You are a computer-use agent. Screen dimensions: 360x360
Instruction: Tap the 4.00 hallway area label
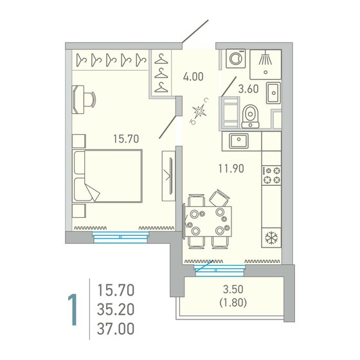(193, 76)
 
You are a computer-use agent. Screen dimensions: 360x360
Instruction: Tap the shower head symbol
(264, 59)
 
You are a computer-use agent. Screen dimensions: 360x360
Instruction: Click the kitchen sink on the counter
(243, 139)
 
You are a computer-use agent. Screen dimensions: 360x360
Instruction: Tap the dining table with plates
(206, 221)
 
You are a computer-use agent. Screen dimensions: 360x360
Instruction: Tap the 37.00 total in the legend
(116, 330)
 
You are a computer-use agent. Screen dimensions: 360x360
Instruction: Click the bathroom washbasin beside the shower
(273, 92)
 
